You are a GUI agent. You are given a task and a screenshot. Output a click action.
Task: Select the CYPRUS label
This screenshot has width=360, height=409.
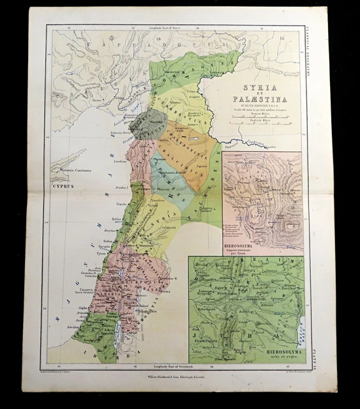tap(64, 186)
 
